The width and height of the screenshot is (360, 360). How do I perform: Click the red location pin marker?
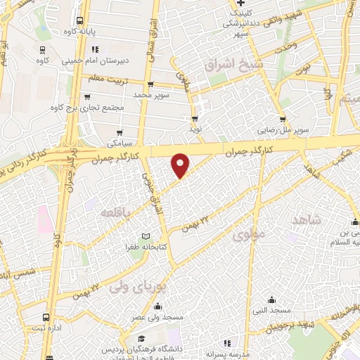(x=181, y=165)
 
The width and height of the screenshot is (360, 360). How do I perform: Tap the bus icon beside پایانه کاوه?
(x=79, y=20)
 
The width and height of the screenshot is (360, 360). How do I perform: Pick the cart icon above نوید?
(x=195, y=118)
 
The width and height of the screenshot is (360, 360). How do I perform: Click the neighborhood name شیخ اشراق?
(x=227, y=65)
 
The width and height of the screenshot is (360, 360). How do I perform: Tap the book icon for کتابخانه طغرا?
(x=146, y=236)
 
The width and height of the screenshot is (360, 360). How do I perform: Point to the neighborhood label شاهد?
(x=305, y=220)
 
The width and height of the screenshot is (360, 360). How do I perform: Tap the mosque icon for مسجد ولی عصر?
(x=157, y=307)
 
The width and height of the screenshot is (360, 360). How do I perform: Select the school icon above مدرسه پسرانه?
(x=226, y=342)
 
